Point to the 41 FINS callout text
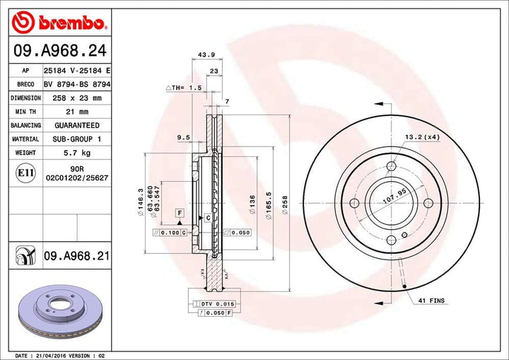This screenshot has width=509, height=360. click(431, 301)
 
